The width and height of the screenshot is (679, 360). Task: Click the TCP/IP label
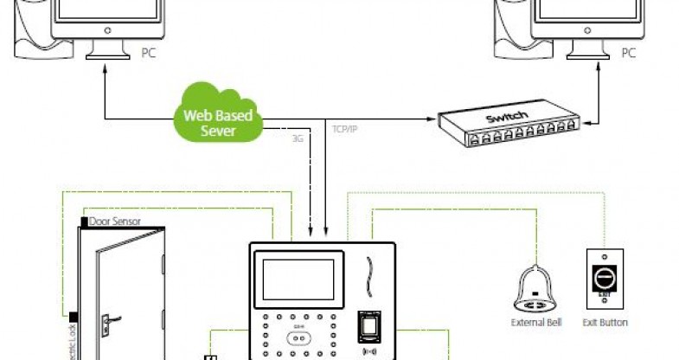345,129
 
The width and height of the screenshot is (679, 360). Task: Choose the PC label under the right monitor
629,54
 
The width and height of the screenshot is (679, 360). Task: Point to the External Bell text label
537,323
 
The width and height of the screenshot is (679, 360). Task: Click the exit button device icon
603,279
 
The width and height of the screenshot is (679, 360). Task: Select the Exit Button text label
605,323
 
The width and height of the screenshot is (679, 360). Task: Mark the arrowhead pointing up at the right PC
600,74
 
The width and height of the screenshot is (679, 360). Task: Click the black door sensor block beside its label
83,222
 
